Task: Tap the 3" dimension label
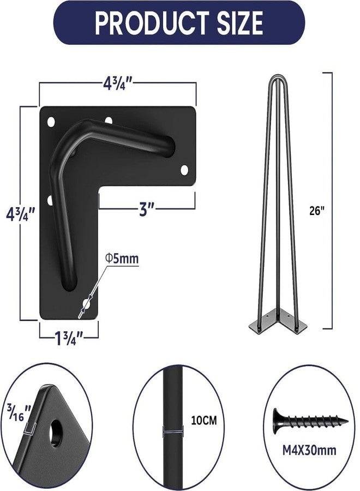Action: [147, 209]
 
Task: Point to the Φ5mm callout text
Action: [122, 259]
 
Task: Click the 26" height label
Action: [316, 211]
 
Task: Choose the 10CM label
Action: [204, 420]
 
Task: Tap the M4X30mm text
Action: [309, 450]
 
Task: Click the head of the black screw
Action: [277, 421]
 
